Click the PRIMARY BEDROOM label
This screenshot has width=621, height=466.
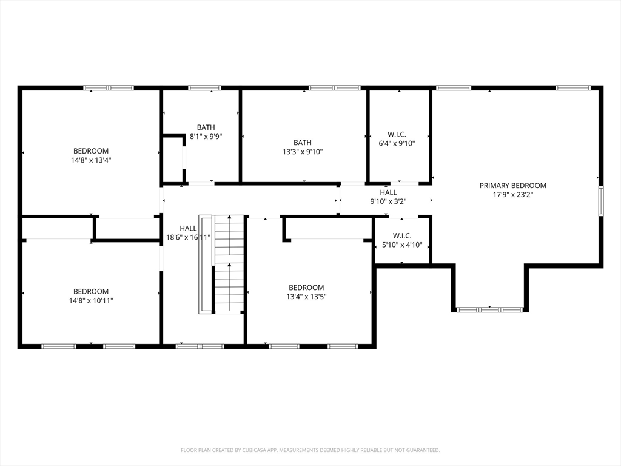click(512, 186)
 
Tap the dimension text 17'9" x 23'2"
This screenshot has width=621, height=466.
click(512, 195)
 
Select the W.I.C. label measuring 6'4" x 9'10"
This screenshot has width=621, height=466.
click(397, 134)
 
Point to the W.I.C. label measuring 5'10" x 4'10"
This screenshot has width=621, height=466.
click(402, 236)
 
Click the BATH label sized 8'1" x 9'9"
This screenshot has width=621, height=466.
click(206, 127)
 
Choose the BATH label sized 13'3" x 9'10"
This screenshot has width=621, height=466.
click(303, 142)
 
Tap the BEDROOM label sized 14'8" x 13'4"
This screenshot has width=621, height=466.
click(91, 151)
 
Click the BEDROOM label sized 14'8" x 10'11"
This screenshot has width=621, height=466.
click(91, 292)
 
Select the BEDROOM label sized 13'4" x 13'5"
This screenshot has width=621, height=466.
click(306, 288)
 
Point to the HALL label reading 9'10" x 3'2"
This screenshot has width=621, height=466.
click(389, 192)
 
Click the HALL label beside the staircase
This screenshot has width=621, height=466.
click(188, 228)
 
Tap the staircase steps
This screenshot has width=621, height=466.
click(229, 265)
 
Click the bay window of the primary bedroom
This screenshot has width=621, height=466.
click(490, 309)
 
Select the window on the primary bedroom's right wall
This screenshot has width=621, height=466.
click(601, 201)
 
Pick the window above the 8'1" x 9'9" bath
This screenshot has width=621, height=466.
click(204, 88)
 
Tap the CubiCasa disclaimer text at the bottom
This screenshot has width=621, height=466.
click(310, 450)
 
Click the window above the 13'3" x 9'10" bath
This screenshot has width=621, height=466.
click(335, 88)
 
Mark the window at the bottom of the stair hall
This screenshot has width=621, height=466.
click(200, 346)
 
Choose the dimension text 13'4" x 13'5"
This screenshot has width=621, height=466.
click(306, 297)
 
